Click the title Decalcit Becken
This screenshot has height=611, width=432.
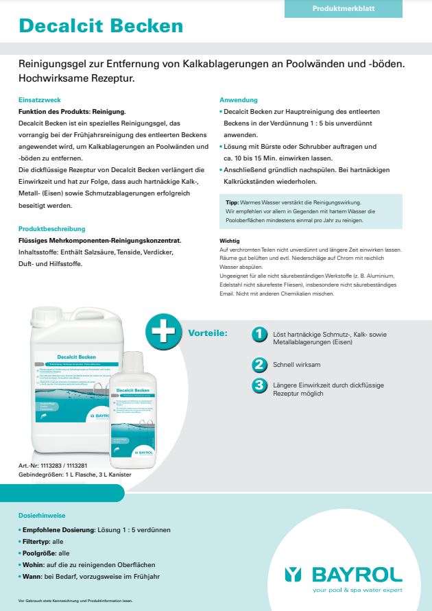101,26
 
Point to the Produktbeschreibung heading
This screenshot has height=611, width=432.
52,228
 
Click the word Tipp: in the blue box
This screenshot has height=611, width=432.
232,203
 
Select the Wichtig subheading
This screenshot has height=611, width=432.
229,241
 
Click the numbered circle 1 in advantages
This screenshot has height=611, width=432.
259,334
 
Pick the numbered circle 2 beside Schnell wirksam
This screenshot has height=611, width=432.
259,364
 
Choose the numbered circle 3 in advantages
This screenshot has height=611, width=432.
259,385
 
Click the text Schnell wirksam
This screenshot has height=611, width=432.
296,365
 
